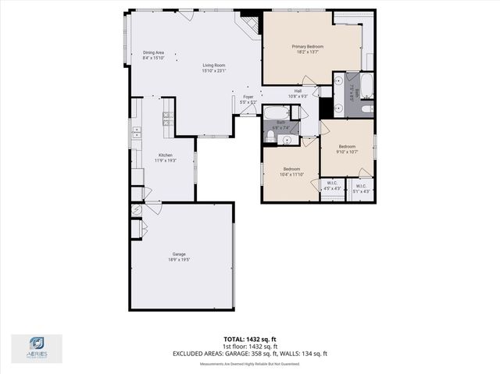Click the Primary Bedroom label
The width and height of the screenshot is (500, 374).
tap(308, 50)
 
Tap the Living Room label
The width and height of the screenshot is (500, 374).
tap(213, 69)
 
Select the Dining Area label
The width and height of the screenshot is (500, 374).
tap(153, 55)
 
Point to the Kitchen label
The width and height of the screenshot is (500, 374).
tap(166, 158)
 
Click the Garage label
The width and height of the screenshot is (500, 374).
tap(179, 257)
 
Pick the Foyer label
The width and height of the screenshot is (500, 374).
tap(248, 99)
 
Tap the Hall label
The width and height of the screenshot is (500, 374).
tap(298, 94)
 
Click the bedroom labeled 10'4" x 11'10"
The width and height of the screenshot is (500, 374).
tap(291, 172)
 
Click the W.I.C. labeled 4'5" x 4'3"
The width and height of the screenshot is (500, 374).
tap(331, 187)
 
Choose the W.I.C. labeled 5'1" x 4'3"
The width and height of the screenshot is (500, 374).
tap(361, 187)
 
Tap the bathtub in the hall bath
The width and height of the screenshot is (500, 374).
tap(276, 112)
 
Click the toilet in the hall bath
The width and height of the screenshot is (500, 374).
tap(269, 137)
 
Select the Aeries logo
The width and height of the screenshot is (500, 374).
tap(37, 347)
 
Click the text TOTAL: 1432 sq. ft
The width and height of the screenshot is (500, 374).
tap(250, 340)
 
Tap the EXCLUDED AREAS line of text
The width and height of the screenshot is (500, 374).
tap(250, 354)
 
